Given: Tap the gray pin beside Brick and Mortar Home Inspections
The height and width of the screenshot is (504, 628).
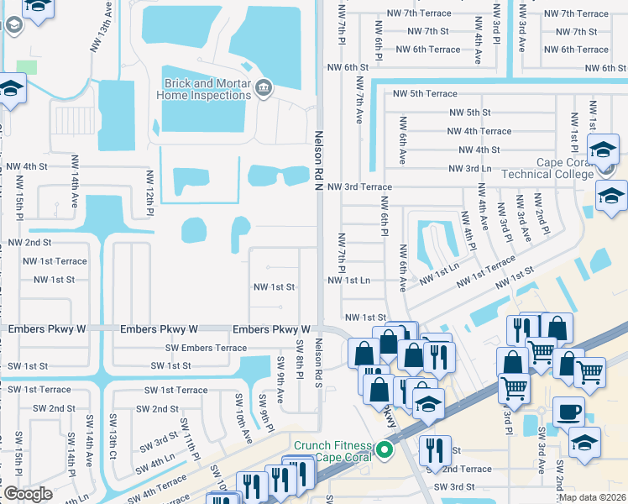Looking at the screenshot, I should pyautogui.click(x=263, y=86).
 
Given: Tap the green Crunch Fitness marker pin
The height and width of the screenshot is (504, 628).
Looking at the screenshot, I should pyautogui.click(x=386, y=450).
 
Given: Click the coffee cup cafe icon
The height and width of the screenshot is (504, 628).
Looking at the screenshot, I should pyautogui.click(x=568, y=412).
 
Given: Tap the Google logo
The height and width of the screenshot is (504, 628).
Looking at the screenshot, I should pyautogui.click(x=28, y=494).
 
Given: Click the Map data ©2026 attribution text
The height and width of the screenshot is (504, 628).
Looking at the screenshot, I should pyautogui.click(x=592, y=497).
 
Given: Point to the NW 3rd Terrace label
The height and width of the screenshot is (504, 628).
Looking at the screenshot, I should pyautogui.click(x=359, y=187).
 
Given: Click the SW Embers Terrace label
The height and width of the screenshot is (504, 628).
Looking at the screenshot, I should pyautogui.click(x=207, y=348).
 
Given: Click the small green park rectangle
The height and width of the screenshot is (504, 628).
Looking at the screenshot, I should pyautogui.click(x=27, y=67).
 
